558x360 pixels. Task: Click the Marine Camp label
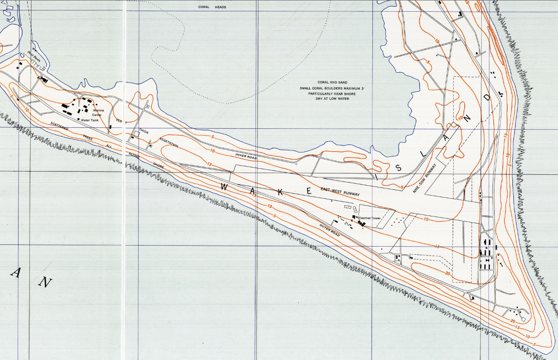tap(98, 112)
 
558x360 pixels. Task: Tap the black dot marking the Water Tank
tap(79, 119)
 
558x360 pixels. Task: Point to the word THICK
tap(144, 131)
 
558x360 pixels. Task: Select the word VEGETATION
tap(168, 143)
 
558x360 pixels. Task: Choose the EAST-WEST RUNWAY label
tap(340, 192)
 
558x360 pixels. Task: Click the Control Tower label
tap(371, 218)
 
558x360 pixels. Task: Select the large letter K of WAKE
tap(280, 192)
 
